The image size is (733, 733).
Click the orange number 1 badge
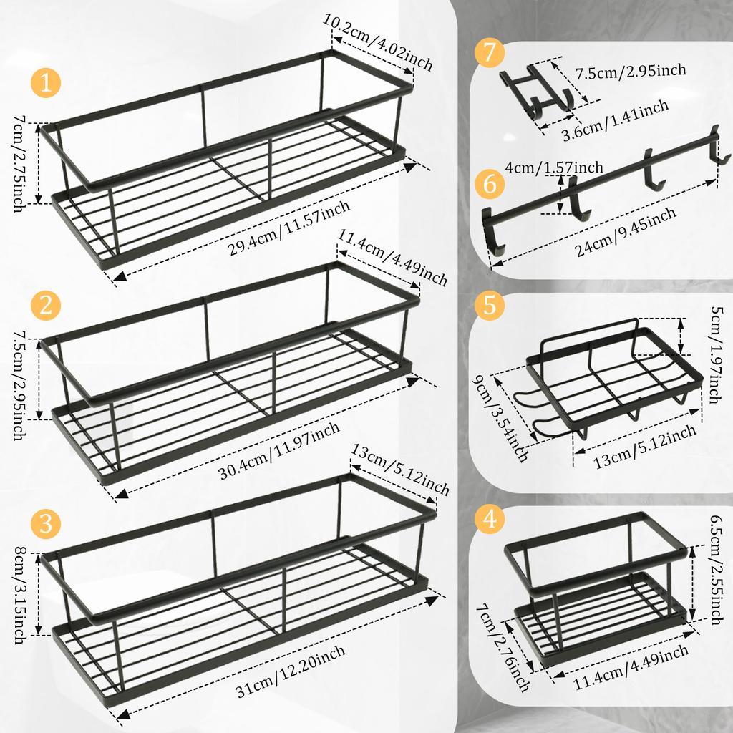pos(47,84)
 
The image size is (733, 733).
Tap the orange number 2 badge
pos(47,306)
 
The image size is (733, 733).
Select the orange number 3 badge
pos(47,523)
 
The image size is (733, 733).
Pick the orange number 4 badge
pos(490,520)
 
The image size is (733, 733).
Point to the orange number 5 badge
pos(490,305)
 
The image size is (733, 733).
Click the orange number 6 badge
pos(490,184)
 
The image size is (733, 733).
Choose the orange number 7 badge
pos(490,54)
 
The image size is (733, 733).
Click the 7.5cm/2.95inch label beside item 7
pos(631,70)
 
